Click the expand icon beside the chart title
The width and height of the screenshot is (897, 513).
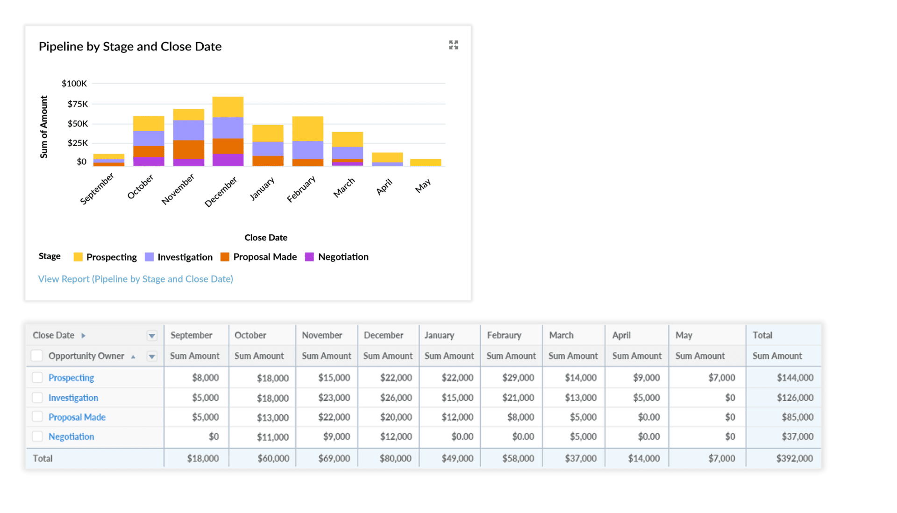tap(453, 45)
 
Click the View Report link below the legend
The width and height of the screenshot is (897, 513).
tap(135, 279)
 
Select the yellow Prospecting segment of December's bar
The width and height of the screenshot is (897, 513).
tap(228, 106)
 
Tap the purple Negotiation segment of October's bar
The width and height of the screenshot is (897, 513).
tap(149, 162)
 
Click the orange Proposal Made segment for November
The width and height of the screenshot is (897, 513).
tap(188, 149)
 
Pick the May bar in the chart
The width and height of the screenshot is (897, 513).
tap(425, 162)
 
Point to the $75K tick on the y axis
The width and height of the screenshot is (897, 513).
tap(78, 104)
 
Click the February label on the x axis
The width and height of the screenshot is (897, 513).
tap(301, 189)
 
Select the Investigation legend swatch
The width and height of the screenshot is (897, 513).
tap(149, 257)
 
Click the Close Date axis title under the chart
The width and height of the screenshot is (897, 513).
tap(265, 237)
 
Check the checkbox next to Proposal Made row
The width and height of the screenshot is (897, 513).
tap(37, 416)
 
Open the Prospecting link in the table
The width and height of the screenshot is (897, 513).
tap(71, 377)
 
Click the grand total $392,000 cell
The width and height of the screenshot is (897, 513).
tap(794, 458)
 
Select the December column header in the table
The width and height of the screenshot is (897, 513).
tap(383, 335)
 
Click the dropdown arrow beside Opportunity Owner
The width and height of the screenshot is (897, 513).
tap(152, 356)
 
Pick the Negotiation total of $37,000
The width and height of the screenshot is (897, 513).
tap(797, 436)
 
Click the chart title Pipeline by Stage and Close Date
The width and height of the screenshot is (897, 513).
tap(130, 46)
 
